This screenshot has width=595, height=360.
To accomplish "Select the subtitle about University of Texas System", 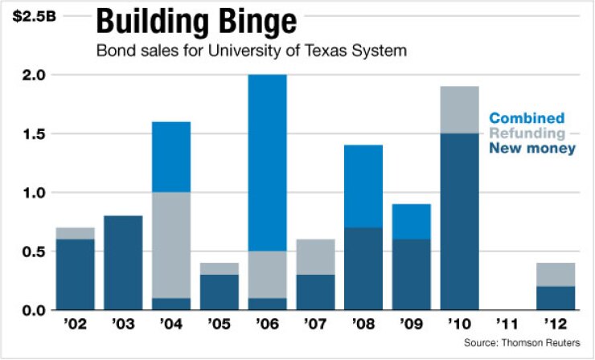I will [252, 51].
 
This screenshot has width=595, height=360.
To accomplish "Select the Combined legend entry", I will [527, 118].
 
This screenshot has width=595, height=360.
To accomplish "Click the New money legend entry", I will [532, 149].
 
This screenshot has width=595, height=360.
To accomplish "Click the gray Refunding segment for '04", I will [170, 245].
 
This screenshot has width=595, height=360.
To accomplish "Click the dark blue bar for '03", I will [123, 263].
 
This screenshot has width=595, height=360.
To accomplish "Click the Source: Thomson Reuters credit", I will [520, 343].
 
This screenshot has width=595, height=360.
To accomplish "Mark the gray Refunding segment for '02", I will [75, 234].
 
